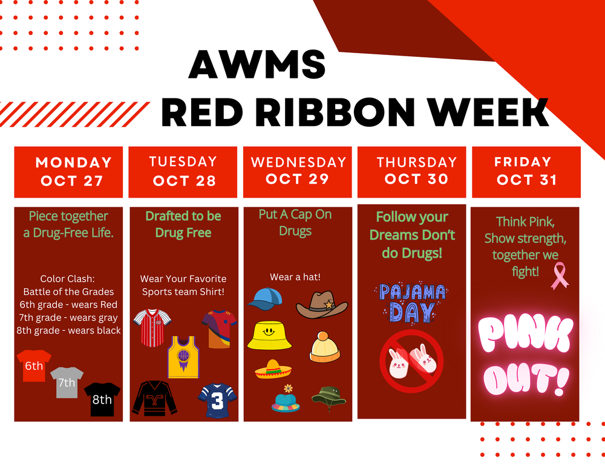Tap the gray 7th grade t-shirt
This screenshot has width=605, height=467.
click(x=67, y=382)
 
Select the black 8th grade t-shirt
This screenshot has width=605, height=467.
click(x=102, y=399)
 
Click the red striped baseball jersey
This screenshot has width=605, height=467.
click(x=149, y=327)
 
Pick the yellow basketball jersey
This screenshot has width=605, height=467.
click(x=183, y=357)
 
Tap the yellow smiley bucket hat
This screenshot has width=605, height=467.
click(x=269, y=335)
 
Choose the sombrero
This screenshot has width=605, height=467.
click(x=273, y=369)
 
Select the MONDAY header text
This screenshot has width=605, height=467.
click(x=74, y=163)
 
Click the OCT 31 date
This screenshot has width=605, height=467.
click(x=526, y=180)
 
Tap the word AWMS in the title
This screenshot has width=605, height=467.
click(x=257, y=65)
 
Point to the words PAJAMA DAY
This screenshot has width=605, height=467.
click(x=411, y=302)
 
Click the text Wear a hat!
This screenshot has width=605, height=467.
click(x=295, y=277)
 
